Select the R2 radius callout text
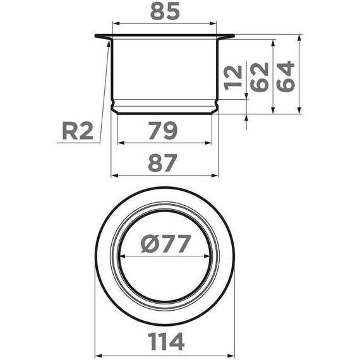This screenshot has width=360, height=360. click(x=78, y=131)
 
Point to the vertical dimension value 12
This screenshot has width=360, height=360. click(x=233, y=76)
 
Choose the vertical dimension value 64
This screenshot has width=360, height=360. click(x=285, y=76)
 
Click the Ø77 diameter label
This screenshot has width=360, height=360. click(x=164, y=244)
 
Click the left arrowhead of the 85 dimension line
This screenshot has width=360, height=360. click(x=114, y=23)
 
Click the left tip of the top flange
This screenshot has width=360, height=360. click(x=96, y=36)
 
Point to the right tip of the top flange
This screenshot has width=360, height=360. click(x=233, y=36)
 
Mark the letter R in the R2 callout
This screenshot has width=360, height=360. click(x=70, y=131)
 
